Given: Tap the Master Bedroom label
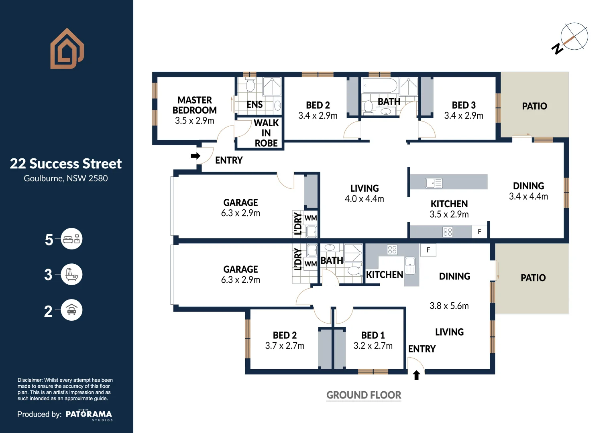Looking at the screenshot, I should click(195, 105).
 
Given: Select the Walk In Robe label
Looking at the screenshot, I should click(266, 133).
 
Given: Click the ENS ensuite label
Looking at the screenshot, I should click(255, 105).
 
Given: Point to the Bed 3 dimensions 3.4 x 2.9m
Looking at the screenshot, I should click(464, 116).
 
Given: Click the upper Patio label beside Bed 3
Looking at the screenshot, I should click(534, 106).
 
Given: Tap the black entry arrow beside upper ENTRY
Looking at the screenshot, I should click(196, 156).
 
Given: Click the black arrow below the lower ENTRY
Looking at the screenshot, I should click(416, 375).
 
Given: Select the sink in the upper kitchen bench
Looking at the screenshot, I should click(434, 183).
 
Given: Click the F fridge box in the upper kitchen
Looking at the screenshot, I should click(479, 232).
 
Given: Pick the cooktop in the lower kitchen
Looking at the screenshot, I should click(392, 250).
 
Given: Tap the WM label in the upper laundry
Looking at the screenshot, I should click(311, 218).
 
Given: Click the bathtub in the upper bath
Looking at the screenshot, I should click(380, 85).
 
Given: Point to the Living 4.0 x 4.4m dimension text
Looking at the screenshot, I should click(365, 199).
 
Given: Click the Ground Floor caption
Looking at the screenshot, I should click(364, 395).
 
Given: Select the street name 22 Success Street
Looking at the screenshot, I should click(66, 164).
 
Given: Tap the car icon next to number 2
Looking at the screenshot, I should click(71, 310).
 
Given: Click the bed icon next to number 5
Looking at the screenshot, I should click(71, 239).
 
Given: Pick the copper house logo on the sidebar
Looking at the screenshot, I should click(67, 49).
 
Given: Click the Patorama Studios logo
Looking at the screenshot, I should click(89, 415).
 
